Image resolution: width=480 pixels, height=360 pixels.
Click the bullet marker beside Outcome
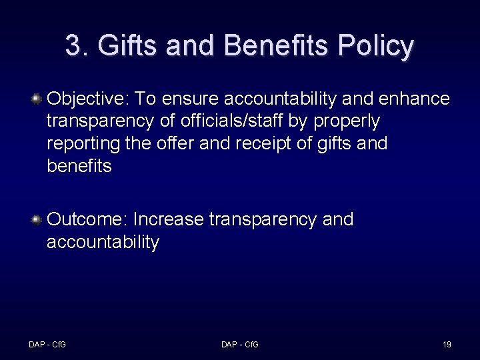tap(37, 219)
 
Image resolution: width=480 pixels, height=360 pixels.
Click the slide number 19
tap(447, 345)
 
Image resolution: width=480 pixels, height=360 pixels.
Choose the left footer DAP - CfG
tap(47, 345)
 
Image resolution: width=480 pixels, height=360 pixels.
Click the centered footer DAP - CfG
tap(240, 345)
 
